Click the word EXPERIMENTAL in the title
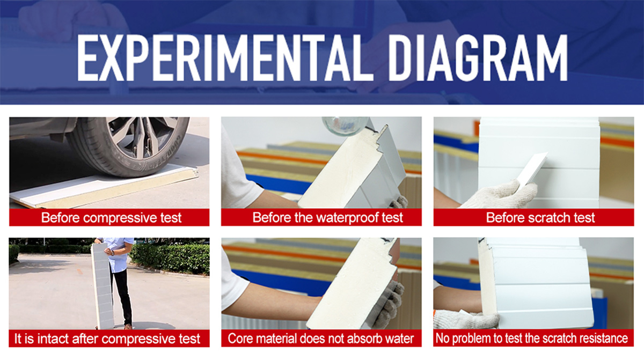225,58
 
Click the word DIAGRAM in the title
478,58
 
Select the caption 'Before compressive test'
111,217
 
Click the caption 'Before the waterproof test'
327,217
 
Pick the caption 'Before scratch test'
540,217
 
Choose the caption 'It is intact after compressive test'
107,339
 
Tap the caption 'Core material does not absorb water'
320,339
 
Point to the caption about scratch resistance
532,338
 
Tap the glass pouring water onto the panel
345,126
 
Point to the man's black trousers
123,296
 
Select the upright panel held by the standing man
103,286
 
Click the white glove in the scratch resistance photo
466,319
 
